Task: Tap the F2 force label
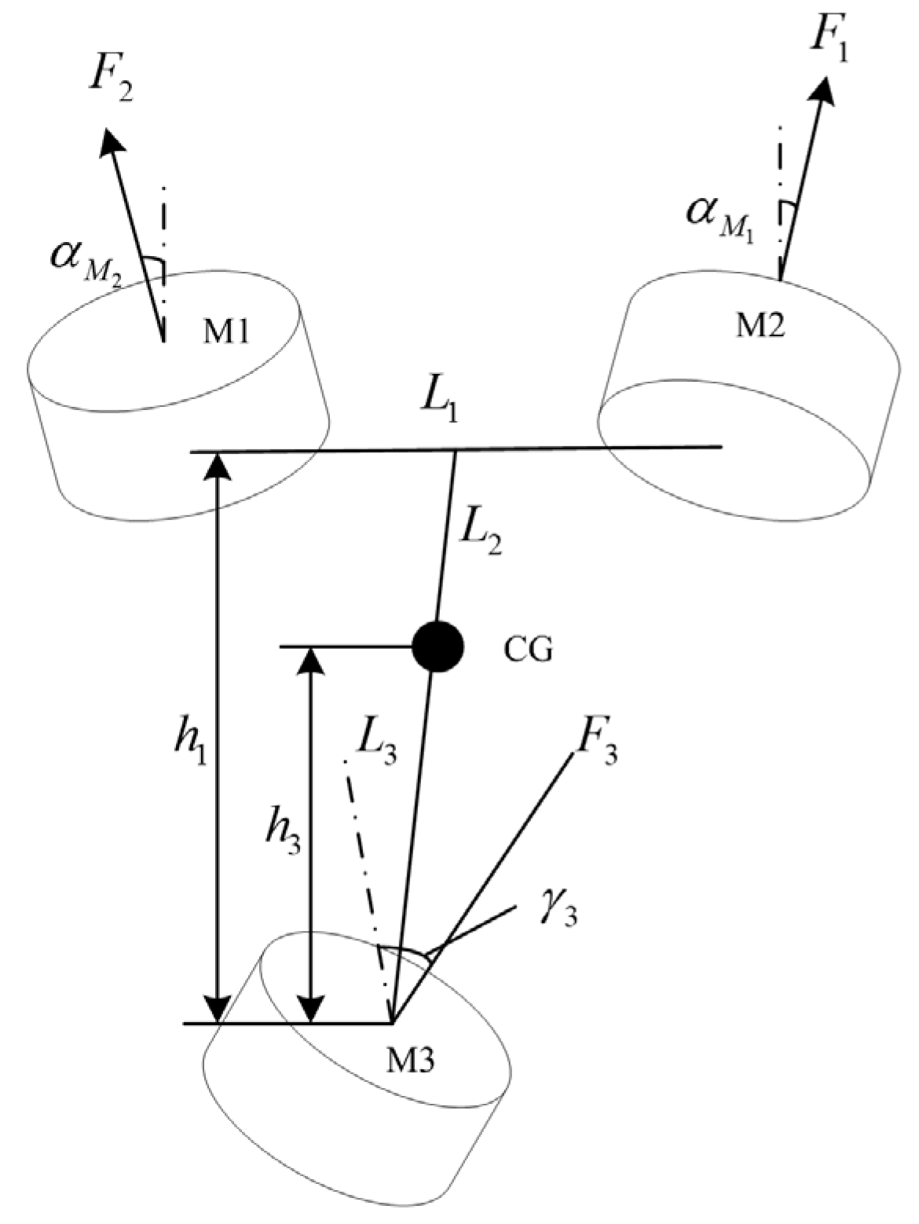(111, 84)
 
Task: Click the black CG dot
(438, 647)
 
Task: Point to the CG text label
(528, 650)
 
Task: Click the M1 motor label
(225, 333)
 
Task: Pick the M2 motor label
(760, 326)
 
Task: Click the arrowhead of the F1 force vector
(825, 91)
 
